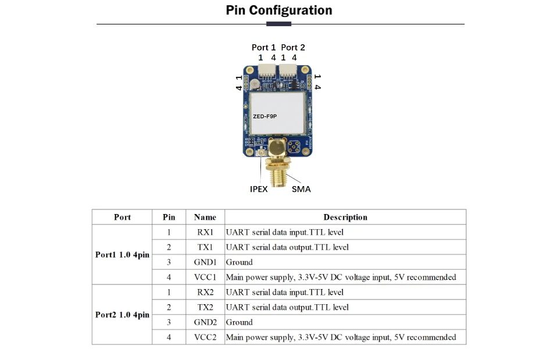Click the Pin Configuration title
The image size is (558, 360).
coord(279,10)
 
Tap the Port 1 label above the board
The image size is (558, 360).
coord(264,47)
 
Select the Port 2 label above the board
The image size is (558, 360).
coord(293,47)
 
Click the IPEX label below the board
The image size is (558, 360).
coord(259,189)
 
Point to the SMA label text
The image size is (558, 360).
coord(301,189)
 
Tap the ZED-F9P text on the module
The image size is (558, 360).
coord(264,116)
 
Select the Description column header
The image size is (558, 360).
coord(345,218)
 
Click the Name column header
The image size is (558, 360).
coord(205,218)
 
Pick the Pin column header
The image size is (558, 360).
coord(169,218)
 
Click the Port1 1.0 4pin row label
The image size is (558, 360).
coord(122,255)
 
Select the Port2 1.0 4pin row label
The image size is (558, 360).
coord(122,315)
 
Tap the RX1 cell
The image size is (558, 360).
coord(205,232)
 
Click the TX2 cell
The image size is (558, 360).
coord(205,307)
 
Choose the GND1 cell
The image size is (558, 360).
coord(205,262)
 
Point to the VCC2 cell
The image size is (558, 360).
coord(205,337)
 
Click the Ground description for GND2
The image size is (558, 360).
coord(239,322)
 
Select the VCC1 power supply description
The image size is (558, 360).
coord(341,277)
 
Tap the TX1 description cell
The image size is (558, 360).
coord(288,247)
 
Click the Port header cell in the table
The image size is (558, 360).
coord(122,218)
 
